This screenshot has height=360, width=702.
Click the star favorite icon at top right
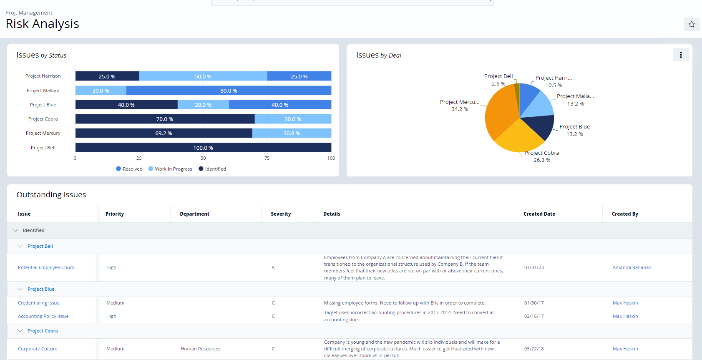691,24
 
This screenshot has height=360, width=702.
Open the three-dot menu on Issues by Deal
680,55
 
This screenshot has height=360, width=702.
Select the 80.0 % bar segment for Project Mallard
229,91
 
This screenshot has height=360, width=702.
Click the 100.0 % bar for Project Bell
203,148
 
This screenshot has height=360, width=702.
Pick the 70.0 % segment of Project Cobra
165,119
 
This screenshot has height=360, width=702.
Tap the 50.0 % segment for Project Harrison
203,76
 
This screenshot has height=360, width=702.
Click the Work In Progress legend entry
170,169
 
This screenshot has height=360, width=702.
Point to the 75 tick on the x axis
267,158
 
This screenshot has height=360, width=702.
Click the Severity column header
281,214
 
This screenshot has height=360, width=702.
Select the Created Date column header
539,214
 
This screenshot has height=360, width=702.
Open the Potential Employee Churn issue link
46,268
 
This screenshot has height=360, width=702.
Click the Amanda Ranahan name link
632,268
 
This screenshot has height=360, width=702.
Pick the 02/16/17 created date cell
534,317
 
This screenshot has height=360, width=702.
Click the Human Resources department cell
200,349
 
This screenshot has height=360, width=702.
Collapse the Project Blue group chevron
20,289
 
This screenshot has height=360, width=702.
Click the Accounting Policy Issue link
43,317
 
